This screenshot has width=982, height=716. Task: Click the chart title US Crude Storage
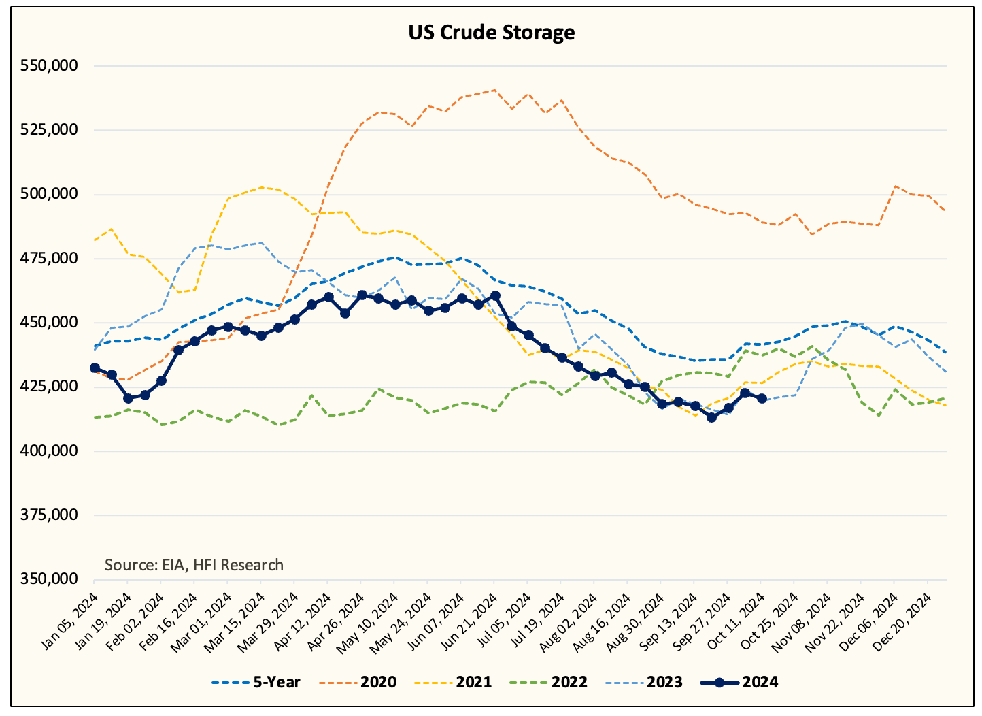click(x=491, y=32)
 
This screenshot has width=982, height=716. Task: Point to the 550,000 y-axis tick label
click(x=50, y=66)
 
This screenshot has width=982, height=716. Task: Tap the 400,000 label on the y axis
click(x=50, y=451)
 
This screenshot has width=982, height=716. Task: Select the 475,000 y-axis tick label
click(x=50, y=258)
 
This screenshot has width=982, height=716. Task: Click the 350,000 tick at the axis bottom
click(x=50, y=579)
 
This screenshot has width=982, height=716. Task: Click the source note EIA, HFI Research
click(x=194, y=564)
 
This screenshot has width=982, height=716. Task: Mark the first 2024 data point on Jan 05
click(x=95, y=368)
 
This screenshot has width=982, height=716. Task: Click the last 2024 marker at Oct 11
click(x=762, y=399)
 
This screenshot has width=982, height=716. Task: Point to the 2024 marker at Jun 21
click(x=495, y=295)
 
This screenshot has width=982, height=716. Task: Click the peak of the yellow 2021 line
click(x=261, y=187)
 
